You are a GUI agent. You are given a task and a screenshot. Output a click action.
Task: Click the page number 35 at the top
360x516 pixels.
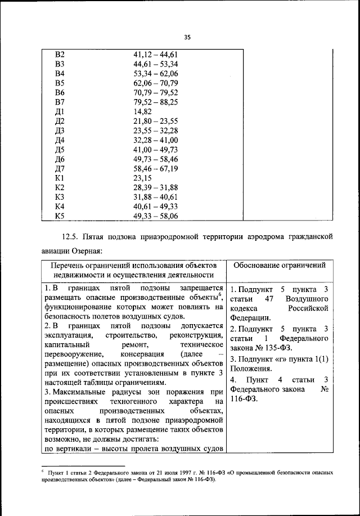pyautogui.click(x=188, y=37)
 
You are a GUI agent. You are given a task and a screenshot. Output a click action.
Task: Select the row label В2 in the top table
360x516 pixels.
pyautogui.click(x=60, y=55)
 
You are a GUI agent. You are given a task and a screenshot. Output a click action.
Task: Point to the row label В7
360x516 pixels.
pyautogui.click(x=60, y=102)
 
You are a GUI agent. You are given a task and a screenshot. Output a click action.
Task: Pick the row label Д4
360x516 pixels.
pyautogui.click(x=60, y=140)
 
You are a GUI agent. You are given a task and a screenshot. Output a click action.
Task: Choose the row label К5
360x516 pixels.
pyautogui.click(x=60, y=216)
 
